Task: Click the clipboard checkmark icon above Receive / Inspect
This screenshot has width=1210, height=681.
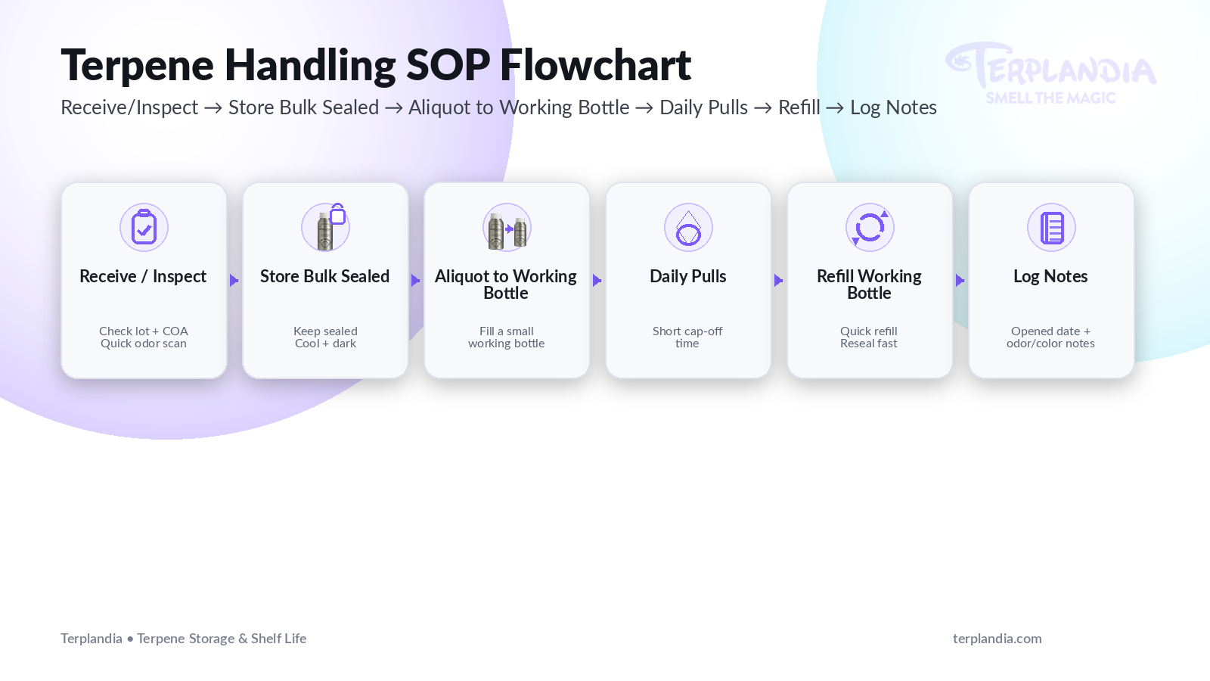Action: [144, 227]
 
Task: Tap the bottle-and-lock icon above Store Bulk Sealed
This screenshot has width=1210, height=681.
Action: [326, 227]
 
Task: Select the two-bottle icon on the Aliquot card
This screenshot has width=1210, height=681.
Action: [507, 228]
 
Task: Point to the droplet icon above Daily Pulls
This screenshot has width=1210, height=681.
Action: [688, 228]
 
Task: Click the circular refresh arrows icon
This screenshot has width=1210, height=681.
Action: [870, 227]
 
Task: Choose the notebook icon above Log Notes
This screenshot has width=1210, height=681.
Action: [1051, 227]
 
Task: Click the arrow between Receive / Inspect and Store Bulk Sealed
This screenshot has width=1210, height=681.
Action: [234, 281]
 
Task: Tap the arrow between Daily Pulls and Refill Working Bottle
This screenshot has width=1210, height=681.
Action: [778, 281]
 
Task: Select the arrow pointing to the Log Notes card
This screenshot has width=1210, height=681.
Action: [960, 281]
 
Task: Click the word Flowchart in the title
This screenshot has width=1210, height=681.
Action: [595, 65]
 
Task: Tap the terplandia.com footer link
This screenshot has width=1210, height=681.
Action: [997, 639]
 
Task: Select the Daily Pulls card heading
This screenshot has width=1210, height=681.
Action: [688, 277]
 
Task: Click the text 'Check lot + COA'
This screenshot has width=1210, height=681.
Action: [144, 331]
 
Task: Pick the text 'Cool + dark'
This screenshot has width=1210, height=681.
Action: [325, 344]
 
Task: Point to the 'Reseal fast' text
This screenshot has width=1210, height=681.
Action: [869, 344]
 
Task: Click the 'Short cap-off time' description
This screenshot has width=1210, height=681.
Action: [687, 337]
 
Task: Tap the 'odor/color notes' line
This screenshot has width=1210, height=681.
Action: [1050, 344]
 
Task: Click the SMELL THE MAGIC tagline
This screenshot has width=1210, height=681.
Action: [1050, 98]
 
